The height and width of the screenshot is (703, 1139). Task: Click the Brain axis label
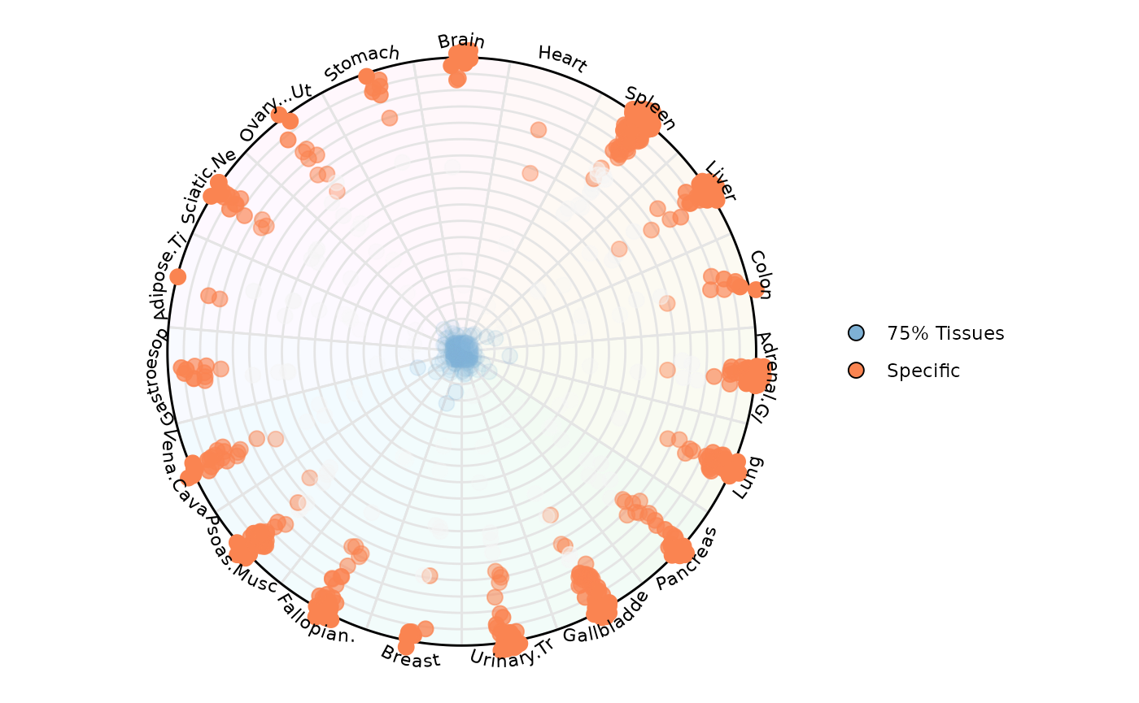pyautogui.click(x=460, y=41)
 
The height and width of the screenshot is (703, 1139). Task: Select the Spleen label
pyautogui.click(x=650, y=107)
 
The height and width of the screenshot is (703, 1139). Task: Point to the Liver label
pyautogui.click(x=720, y=181)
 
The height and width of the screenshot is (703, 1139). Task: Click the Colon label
pyautogui.click(x=760, y=274)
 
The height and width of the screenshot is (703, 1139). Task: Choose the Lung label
pyautogui.click(x=748, y=477)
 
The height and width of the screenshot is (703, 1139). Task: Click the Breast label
pyautogui.click(x=410, y=656)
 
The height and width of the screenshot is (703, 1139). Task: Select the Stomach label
pyautogui.click(x=362, y=63)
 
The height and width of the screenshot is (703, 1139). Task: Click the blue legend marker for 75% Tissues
pyautogui.click(x=856, y=332)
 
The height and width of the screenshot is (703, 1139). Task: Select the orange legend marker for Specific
pyautogui.click(x=856, y=371)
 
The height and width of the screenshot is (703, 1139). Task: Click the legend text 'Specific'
pyautogui.click(x=923, y=371)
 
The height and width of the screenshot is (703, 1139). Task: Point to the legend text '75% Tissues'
pyautogui.click(x=945, y=332)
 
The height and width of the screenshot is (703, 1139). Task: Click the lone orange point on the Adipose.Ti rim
pyautogui.click(x=177, y=276)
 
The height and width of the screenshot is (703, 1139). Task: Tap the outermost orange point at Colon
pyautogui.click(x=756, y=289)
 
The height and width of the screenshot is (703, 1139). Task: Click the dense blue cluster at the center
pyautogui.click(x=460, y=352)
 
